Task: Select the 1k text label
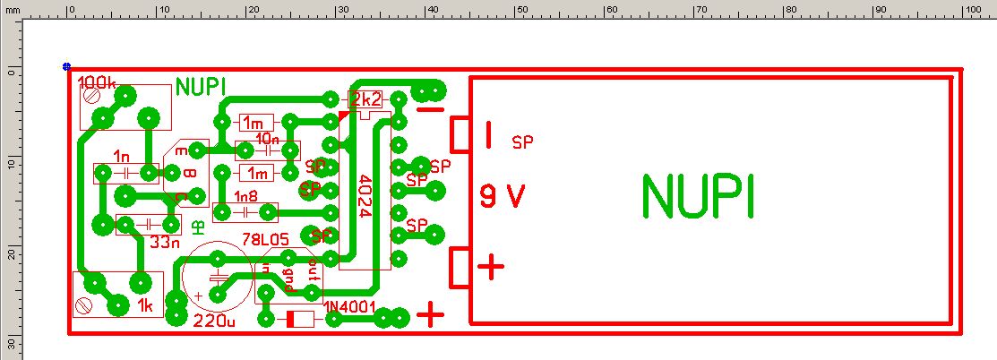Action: click(147, 306)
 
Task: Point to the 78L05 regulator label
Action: click(267, 241)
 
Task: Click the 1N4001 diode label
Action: click(349, 308)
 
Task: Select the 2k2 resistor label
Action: click(365, 99)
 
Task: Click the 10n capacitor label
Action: click(267, 139)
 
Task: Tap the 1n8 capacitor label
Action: click(245, 196)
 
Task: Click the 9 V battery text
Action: click(502, 196)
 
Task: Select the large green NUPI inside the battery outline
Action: click(698, 197)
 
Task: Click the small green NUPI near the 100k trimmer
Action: click(201, 87)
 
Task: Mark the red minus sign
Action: click(431, 110)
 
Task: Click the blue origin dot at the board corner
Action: click(67, 66)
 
